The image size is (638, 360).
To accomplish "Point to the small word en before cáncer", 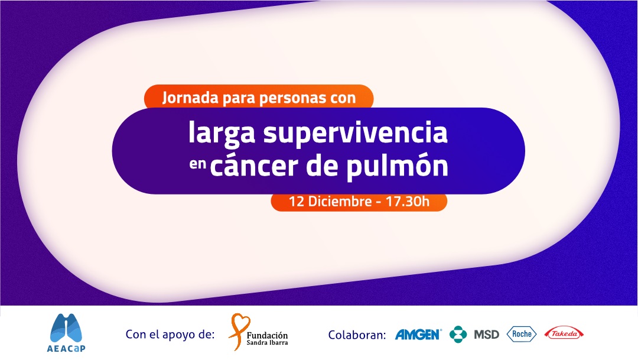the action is (x=198, y=164).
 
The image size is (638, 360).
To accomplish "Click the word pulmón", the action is (x=397, y=167).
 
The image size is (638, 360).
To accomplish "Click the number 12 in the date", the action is (x=296, y=201).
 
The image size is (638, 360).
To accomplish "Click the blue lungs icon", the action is (x=66, y=328).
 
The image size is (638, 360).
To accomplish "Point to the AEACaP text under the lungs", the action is (x=66, y=348).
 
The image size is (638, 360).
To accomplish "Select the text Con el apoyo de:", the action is (x=170, y=335).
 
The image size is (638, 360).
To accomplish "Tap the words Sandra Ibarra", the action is (x=267, y=343).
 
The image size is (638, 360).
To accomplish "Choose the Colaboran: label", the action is (x=357, y=335).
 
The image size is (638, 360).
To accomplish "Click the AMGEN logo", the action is (x=418, y=335).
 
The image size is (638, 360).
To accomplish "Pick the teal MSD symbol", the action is (x=458, y=335).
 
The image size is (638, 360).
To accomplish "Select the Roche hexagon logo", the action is (x=522, y=334).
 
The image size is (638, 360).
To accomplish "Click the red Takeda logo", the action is (x=564, y=333).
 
